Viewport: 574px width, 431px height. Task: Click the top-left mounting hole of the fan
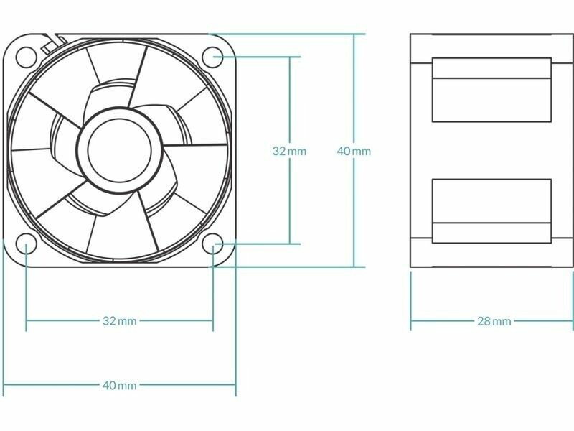(27, 57)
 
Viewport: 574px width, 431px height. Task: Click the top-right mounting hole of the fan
(212, 57)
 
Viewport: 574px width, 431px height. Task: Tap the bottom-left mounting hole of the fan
(27, 244)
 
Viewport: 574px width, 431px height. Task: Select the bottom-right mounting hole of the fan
(212, 244)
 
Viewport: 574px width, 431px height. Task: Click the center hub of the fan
(119, 150)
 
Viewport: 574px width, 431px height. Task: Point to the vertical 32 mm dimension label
(289, 151)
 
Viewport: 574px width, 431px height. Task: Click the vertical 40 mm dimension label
(354, 151)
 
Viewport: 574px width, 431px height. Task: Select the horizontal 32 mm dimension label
(119, 321)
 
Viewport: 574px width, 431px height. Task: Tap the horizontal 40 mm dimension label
(119, 385)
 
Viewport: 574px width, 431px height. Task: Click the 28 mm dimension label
(494, 321)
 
